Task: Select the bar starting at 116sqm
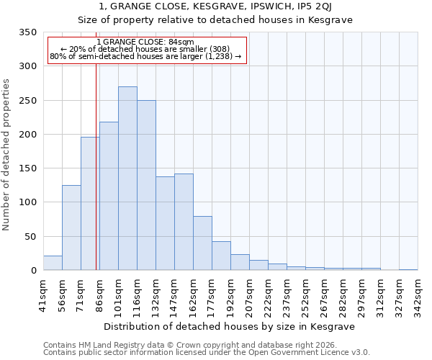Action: (x=146, y=185)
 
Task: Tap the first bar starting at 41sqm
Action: (x=53, y=263)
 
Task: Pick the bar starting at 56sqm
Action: (x=71, y=228)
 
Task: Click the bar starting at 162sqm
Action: (x=202, y=243)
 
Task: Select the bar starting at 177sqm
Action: (x=221, y=256)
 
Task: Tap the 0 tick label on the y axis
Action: (x=33, y=271)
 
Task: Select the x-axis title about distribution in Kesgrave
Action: (x=230, y=326)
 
